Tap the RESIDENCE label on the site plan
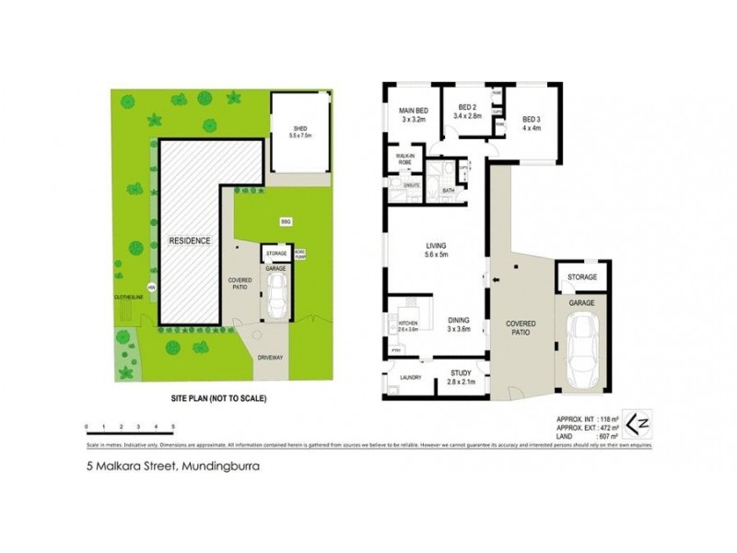(x=190, y=241)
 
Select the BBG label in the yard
(x=285, y=221)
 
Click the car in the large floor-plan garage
(x=582, y=347)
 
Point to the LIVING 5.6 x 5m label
(x=435, y=250)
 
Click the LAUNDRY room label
(x=410, y=377)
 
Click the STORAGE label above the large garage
(x=581, y=276)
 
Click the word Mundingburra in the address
(x=222, y=466)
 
